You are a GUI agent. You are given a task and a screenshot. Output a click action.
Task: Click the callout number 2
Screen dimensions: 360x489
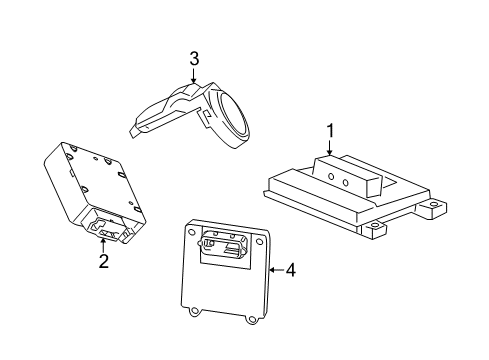pyautogui.click(x=103, y=263)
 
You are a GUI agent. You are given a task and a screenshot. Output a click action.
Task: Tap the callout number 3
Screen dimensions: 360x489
pyautogui.click(x=194, y=59)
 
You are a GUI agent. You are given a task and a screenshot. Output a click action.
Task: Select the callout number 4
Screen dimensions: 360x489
pyautogui.click(x=291, y=269)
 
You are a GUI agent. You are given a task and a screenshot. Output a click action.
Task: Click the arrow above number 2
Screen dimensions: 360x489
pyautogui.click(x=103, y=243)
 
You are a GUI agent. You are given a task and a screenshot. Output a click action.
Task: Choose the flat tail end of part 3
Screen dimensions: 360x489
pyautogui.click(x=141, y=126)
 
